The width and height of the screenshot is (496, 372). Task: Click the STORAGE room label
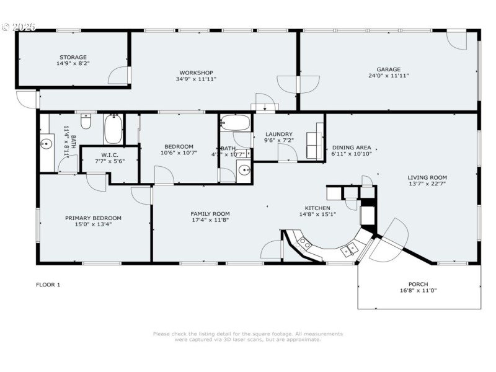73,57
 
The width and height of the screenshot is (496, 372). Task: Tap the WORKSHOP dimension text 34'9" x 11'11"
196,79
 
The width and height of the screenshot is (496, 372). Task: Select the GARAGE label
389,69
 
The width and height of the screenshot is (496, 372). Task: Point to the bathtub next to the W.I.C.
113,129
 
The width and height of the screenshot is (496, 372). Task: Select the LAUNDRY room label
278,134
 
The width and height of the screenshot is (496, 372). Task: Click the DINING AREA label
352,148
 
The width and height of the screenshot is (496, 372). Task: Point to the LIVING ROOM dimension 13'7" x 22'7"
427,184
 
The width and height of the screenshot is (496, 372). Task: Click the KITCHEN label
317,208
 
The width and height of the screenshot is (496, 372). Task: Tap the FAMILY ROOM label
210,213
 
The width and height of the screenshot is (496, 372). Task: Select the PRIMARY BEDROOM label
93,218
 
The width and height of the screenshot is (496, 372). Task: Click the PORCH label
418,284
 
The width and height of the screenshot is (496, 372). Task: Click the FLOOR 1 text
48,285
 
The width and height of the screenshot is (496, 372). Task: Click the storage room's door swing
118,76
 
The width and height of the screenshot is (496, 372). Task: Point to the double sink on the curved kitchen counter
304,242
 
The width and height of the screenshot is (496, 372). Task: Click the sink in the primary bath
46,144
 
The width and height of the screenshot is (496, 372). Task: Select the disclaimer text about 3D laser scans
247,337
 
